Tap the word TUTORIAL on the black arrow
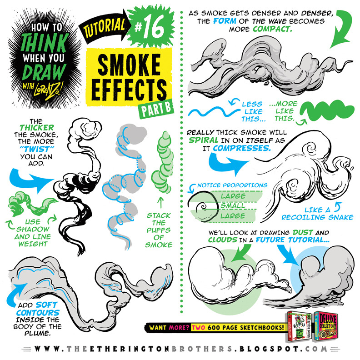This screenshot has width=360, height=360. (x=105, y=28)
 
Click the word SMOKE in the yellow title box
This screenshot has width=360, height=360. (x=129, y=65)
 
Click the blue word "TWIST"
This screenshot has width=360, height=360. (x=36, y=149)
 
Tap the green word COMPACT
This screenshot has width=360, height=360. (x=272, y=29)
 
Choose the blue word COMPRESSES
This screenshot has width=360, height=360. (x=242, y=148)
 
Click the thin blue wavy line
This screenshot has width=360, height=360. (x=214, y=112)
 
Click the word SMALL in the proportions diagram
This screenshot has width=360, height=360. (x=233, y=205)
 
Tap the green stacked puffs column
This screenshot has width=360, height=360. (x=162, y=162)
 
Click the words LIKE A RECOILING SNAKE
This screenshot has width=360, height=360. (x=317, y=214)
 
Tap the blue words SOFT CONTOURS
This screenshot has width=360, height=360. (x=38, y=309)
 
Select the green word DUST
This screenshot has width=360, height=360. (x=303, y=232)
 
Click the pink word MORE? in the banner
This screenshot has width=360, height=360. (x=179, y=327)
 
